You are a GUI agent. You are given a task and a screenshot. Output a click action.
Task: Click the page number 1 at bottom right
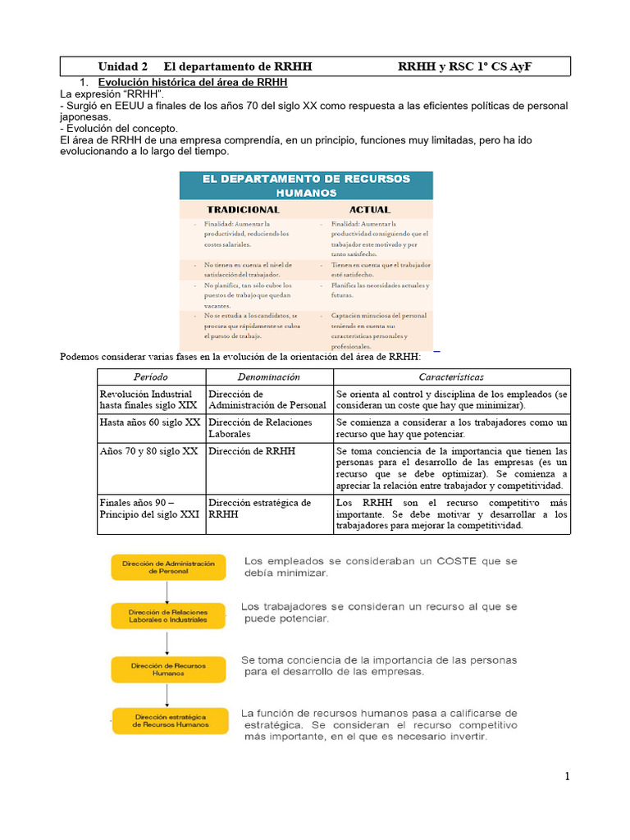567,777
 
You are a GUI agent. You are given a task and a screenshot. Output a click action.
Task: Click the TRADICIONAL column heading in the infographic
244,209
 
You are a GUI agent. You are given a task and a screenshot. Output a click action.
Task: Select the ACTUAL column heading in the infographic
369,209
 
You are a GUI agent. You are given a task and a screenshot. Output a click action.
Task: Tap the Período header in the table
151,377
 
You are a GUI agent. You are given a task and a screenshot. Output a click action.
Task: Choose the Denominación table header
268,377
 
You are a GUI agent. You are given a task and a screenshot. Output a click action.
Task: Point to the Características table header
451,377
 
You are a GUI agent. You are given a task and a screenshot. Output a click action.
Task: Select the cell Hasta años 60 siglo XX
150,422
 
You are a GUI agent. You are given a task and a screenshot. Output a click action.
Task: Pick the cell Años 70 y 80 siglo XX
148,451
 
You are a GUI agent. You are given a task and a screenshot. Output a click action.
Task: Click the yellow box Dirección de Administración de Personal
168,567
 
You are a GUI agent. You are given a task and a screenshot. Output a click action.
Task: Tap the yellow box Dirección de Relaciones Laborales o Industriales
168,616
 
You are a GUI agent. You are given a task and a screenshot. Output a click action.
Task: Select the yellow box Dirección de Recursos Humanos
168,669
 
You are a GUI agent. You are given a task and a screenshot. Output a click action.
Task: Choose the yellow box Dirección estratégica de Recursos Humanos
168,721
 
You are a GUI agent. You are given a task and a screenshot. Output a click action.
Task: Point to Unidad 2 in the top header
123,66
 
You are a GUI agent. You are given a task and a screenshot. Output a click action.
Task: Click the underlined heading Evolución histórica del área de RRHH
193,83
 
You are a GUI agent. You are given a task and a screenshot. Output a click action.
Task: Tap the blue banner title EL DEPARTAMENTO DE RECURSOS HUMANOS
306,185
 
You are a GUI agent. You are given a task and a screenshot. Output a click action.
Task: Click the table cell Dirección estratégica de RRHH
259,508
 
